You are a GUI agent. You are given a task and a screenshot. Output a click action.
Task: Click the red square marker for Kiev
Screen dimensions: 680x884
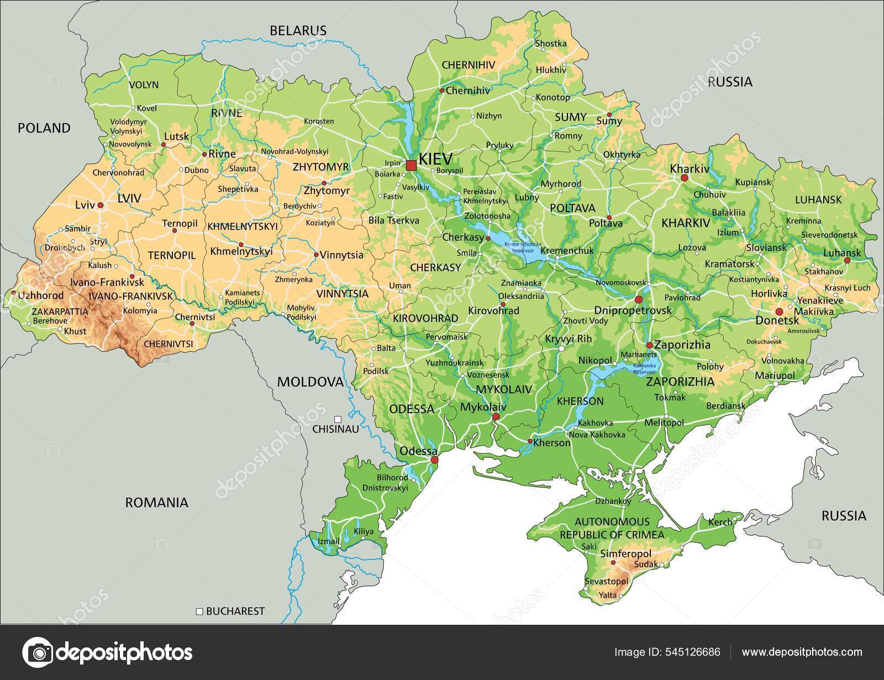pos(411,165)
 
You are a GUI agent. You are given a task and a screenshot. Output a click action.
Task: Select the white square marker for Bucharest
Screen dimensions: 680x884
pos(199,612)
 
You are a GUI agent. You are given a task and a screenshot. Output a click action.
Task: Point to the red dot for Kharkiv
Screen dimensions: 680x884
pos(684,178)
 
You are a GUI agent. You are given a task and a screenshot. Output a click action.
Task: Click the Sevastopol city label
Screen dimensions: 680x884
pos(606,582)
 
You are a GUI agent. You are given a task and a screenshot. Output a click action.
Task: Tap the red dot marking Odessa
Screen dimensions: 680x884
pos(434,460)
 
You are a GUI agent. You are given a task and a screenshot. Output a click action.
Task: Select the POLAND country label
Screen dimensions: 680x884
pos(44,128)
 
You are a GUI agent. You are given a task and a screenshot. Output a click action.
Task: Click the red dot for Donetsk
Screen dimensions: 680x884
pos(780,312)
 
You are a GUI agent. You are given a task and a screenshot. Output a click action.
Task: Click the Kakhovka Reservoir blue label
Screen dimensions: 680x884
pos(644,368)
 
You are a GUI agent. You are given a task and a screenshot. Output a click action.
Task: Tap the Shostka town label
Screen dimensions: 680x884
pos(551,44)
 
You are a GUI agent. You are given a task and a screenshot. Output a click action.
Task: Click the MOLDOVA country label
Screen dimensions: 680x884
pos(310,381)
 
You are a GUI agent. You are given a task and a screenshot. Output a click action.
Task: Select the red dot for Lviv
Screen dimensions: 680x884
pos(101,205)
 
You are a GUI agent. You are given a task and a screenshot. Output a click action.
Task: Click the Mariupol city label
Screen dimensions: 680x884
pos(775,375)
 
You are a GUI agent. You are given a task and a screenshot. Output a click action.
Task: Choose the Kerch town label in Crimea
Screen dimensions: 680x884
pos(720,521)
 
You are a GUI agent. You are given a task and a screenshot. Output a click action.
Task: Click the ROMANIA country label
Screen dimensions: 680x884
pos(157,503)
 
